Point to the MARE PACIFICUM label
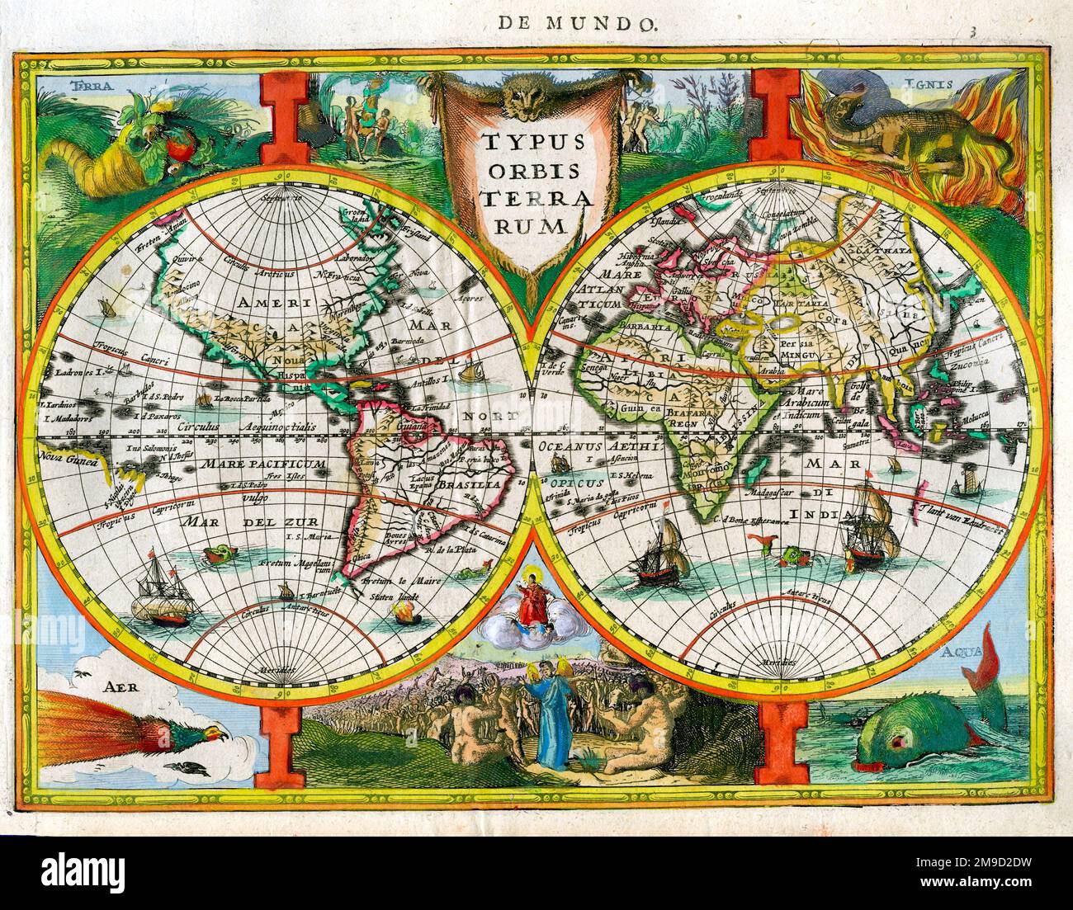[266, 464]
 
